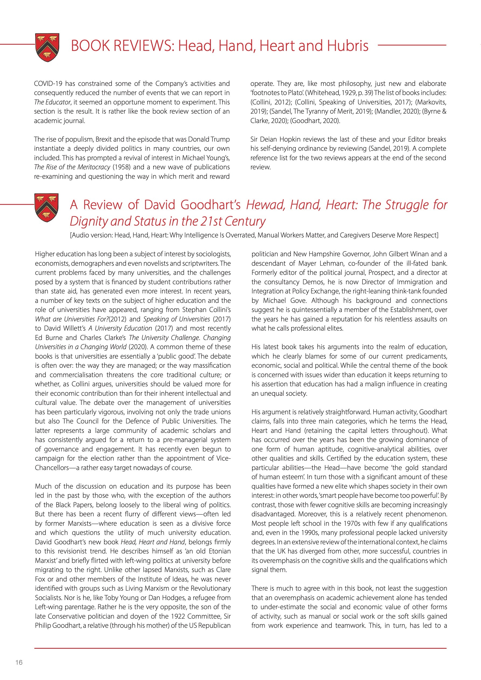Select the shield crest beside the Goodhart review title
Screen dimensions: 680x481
(46, 208)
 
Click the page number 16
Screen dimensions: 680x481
(19, 663)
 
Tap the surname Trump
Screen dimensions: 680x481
(219, 139)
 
